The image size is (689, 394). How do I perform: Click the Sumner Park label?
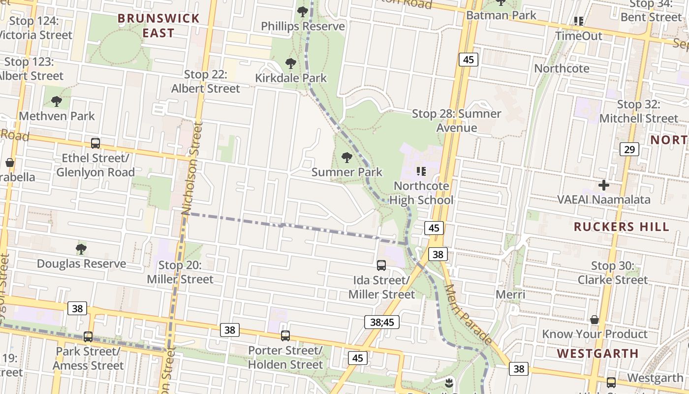tap(347, 172)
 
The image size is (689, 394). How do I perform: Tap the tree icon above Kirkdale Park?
tap(291, 64)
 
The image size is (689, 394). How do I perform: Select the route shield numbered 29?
tap(629, 149)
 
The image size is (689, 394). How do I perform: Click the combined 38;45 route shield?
tap(382, 322)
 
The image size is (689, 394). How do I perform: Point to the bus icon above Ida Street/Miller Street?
tap(381, 265)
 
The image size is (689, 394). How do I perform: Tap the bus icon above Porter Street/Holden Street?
tap(285, 336)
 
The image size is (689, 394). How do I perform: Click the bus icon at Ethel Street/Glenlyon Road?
tap(95, 143)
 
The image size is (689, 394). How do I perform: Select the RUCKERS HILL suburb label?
tap(622, 227)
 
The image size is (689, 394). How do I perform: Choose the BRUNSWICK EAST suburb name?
tap(159, 26)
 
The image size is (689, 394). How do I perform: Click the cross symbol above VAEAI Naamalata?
tap(604, 185)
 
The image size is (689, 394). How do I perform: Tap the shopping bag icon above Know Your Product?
tap(595, 320)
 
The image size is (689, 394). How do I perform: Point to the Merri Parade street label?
tap(468, 314)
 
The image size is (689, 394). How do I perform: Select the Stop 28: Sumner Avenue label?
tap(457, 121)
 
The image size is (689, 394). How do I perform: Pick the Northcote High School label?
tap(421, 193)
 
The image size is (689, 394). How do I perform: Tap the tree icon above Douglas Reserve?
tap(81, 249)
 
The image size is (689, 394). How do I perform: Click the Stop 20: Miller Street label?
tap(180, 272)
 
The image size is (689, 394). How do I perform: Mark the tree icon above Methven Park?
tap(57, 102)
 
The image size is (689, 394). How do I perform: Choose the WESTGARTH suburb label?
tap(597, 353)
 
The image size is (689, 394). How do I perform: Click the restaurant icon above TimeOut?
tap(579, 21)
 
